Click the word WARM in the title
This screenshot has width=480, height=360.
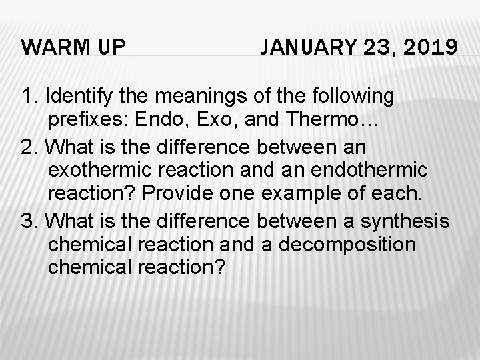(50, 48)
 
